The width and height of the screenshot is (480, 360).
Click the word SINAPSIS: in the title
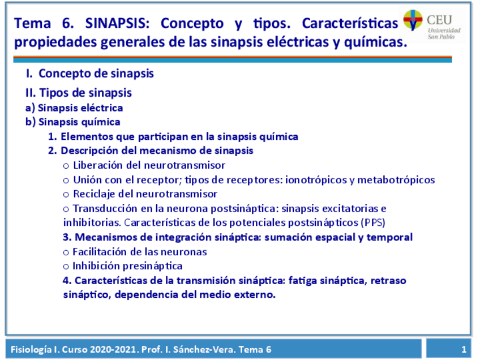117,23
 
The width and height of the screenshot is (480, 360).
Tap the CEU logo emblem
413,20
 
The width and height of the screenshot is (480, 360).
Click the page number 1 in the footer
464,349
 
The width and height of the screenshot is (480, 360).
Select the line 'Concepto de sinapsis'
96,74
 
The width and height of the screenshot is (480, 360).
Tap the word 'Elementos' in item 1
87,136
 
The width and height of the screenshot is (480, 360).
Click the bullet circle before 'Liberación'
66,166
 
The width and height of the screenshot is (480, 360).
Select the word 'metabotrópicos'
396,180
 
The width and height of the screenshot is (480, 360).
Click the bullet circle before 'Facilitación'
66,253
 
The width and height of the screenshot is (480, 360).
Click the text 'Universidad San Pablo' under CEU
444,33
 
